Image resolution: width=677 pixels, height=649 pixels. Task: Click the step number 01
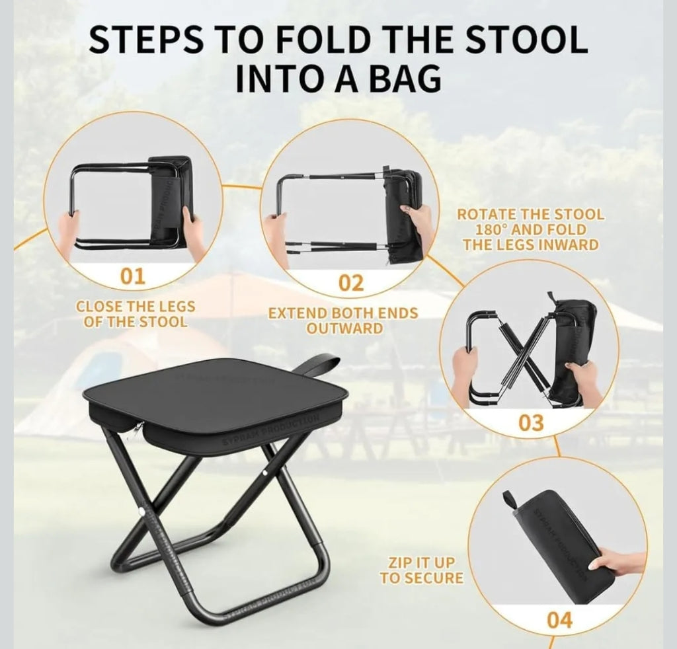coord(132,276)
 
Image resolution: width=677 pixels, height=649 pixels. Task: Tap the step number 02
coord(351,283)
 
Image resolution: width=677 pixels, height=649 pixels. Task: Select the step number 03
coord(532,422)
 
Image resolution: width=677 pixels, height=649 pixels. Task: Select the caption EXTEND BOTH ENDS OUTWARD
coord(342,320)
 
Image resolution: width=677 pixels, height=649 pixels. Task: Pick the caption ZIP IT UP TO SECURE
coord(421,569)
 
